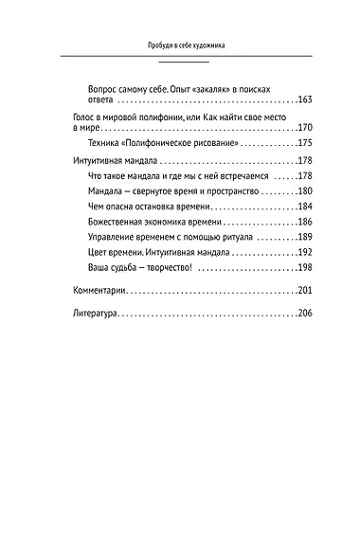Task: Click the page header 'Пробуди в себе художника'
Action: (180, 45)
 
